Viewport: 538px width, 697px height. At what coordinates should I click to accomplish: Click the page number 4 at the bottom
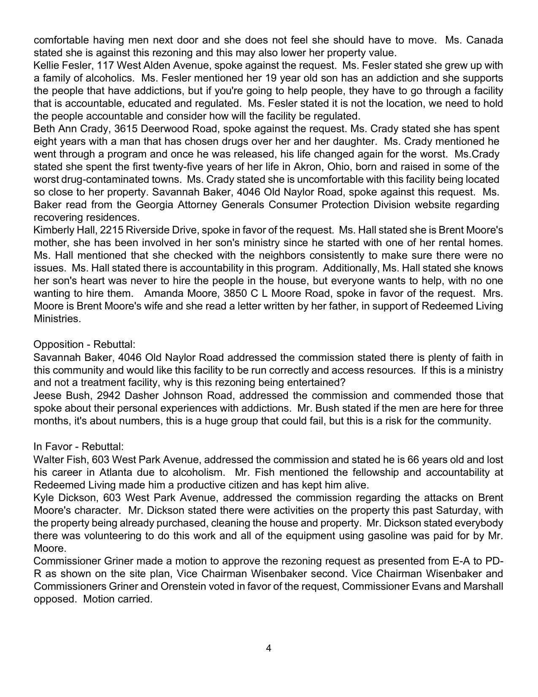point(268,648)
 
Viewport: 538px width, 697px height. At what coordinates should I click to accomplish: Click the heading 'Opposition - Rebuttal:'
point(84,344)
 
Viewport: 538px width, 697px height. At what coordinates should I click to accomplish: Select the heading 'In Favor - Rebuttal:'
point(78,447)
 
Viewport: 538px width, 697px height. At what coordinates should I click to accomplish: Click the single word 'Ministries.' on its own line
point(57,319)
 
